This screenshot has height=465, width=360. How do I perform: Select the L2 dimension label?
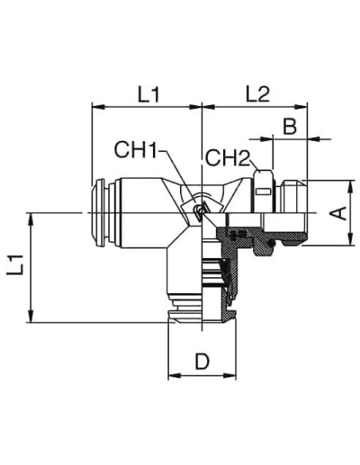pos(257,95)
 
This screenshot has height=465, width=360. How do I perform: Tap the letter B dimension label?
pos(289,127)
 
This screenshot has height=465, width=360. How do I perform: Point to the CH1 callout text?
pos(135,150)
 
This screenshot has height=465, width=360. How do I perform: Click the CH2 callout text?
pos(228,158)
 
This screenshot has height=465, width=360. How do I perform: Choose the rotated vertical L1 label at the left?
pos(15,264)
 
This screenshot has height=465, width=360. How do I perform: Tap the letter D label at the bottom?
pos(202,361)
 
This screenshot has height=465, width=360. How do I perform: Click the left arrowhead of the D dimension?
pos(174,376)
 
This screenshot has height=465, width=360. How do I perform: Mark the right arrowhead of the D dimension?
pos(230,376)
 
